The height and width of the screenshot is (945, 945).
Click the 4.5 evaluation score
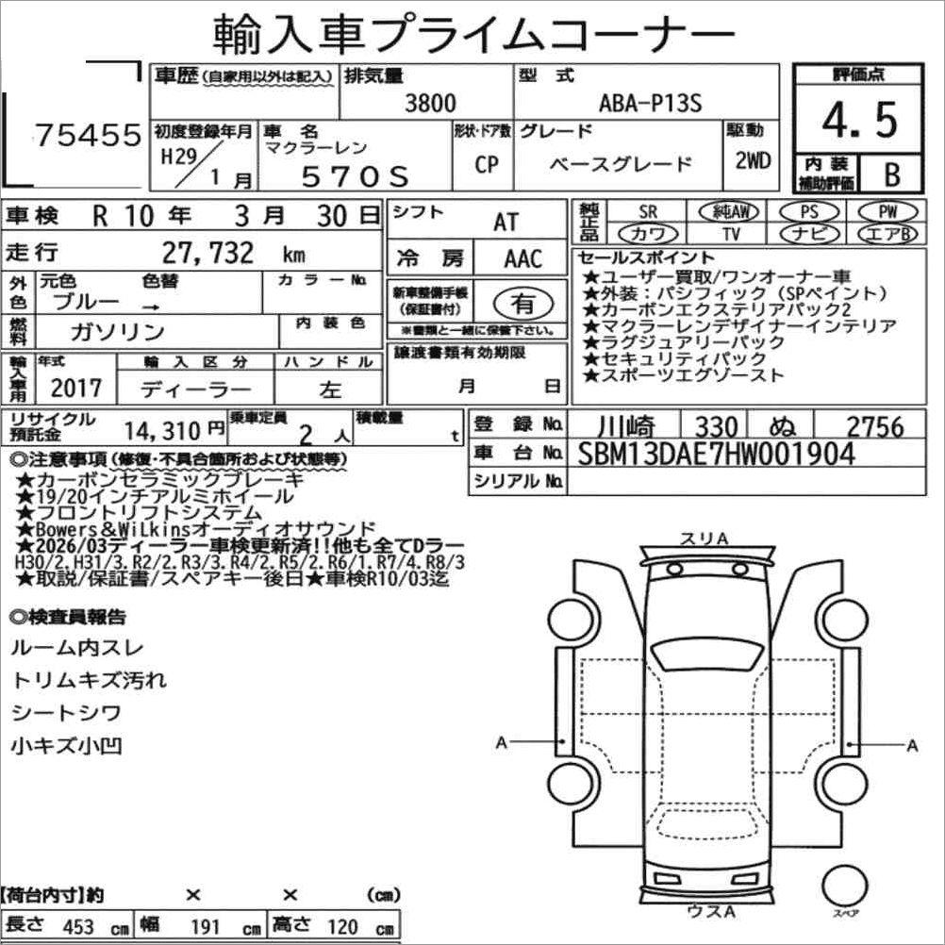[859, 120]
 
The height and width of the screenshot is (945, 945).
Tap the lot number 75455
[88, 135]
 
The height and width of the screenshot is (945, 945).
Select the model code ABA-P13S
[651, 104]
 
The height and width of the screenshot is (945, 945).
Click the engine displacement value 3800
[430, 104]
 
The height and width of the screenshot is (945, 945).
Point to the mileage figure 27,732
[207, 253]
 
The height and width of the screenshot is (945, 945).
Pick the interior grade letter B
[892, 174]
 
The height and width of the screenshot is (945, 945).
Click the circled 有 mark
[523, 304]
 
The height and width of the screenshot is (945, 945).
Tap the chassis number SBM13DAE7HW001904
[717, 454]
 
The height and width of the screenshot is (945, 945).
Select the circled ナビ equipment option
[809, 234]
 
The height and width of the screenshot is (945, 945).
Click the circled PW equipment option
[887, 211]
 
